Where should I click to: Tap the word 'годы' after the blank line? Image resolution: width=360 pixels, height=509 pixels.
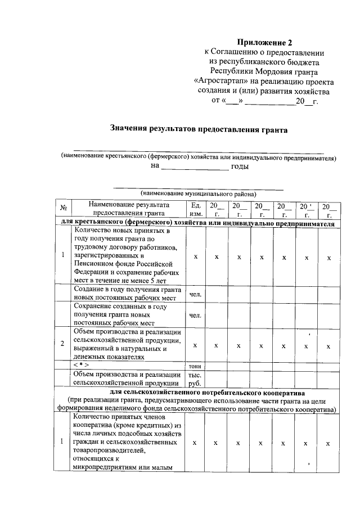click(x=240, y=166)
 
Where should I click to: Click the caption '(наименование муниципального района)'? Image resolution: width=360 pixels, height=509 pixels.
click(x=199, y=192)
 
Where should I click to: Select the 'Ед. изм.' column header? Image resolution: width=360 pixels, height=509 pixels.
click(x=196, y=209)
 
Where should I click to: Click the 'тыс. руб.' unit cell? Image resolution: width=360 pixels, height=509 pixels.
click(x=196, y=379)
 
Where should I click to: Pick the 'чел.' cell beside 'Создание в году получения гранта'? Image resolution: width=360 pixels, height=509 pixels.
click(x=196, y=294)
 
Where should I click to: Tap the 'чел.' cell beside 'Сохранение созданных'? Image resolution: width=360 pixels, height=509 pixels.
click(x=196, y=315)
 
